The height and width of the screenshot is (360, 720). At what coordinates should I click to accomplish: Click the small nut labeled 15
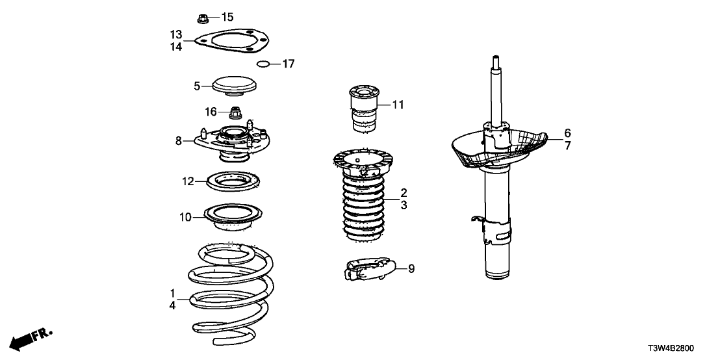pyautogui.click(x=202, y=17)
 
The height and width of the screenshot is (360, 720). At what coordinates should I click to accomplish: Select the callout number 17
pyautogui.click(x=288, y=64)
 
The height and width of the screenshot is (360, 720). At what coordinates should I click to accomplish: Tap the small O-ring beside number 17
pyautogui.click(x=263, y=64)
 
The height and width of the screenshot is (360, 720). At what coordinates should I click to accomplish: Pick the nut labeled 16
pyautogui.click(x=236, y=112)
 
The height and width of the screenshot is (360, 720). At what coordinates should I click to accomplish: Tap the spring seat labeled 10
pyautogui.click(x=233, y=217)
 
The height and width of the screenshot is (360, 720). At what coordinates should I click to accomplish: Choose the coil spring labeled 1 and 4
pyautogui.click(x=231, y=292)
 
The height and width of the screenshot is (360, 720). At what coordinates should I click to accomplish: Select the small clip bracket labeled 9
pyautogui.click(x=367, y=268)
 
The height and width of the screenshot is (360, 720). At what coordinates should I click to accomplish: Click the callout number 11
pyautogui.click(x=398, y=104)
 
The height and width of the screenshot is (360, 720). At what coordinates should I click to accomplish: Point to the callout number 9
pyautogui.click(x=411, y=268)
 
